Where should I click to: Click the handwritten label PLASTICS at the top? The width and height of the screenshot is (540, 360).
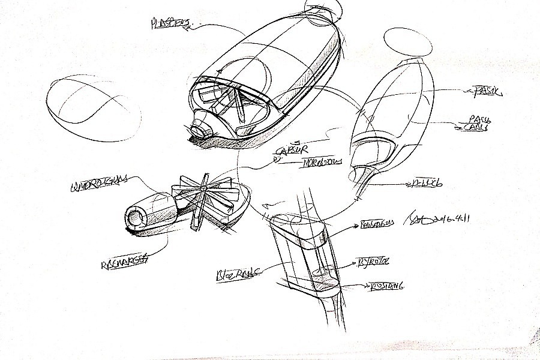(170, 24)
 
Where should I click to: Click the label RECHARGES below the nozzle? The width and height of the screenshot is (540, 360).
(124, 262)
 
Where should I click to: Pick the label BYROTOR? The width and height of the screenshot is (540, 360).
(374, 262)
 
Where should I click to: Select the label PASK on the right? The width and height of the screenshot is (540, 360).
(487, 91)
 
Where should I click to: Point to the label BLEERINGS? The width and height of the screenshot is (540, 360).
(236, 275)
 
